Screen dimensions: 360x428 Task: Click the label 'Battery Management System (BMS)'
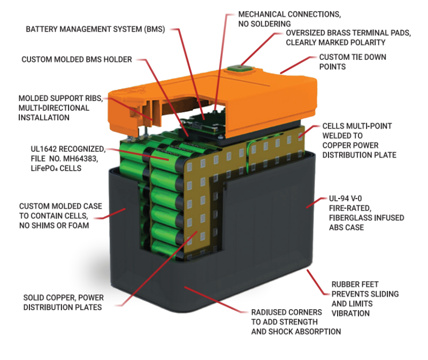tap(96, 29)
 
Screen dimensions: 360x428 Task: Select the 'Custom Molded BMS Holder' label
tap(77, 59)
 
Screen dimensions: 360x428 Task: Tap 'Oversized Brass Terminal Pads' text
tap(348, 33)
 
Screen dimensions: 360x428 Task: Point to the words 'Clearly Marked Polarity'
tap(335, 42)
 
